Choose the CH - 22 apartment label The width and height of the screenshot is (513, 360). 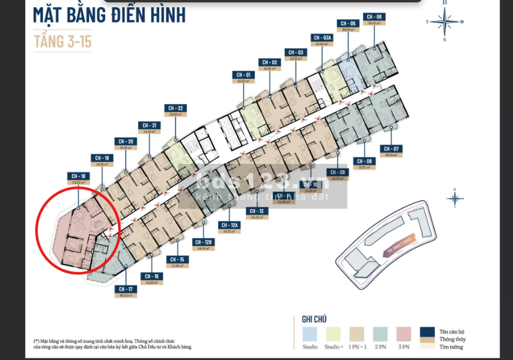coord(176,108)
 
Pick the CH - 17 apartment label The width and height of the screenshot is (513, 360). coord(126,289)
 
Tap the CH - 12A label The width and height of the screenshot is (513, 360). coord(230,225)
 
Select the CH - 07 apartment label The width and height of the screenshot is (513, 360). coord(391,148)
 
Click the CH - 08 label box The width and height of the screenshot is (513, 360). coord(364,161)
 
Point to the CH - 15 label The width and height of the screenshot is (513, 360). coord(176,260)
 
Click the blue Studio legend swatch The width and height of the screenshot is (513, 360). coord(310,334)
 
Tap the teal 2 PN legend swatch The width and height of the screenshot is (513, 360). coord(381,334)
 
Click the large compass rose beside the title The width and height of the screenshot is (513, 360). coord(444,22)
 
